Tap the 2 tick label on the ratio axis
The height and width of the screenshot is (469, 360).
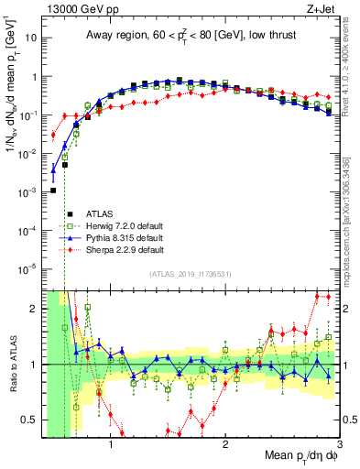tap(35, 309)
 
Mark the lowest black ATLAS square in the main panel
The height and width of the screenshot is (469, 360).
tap(53, 191)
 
